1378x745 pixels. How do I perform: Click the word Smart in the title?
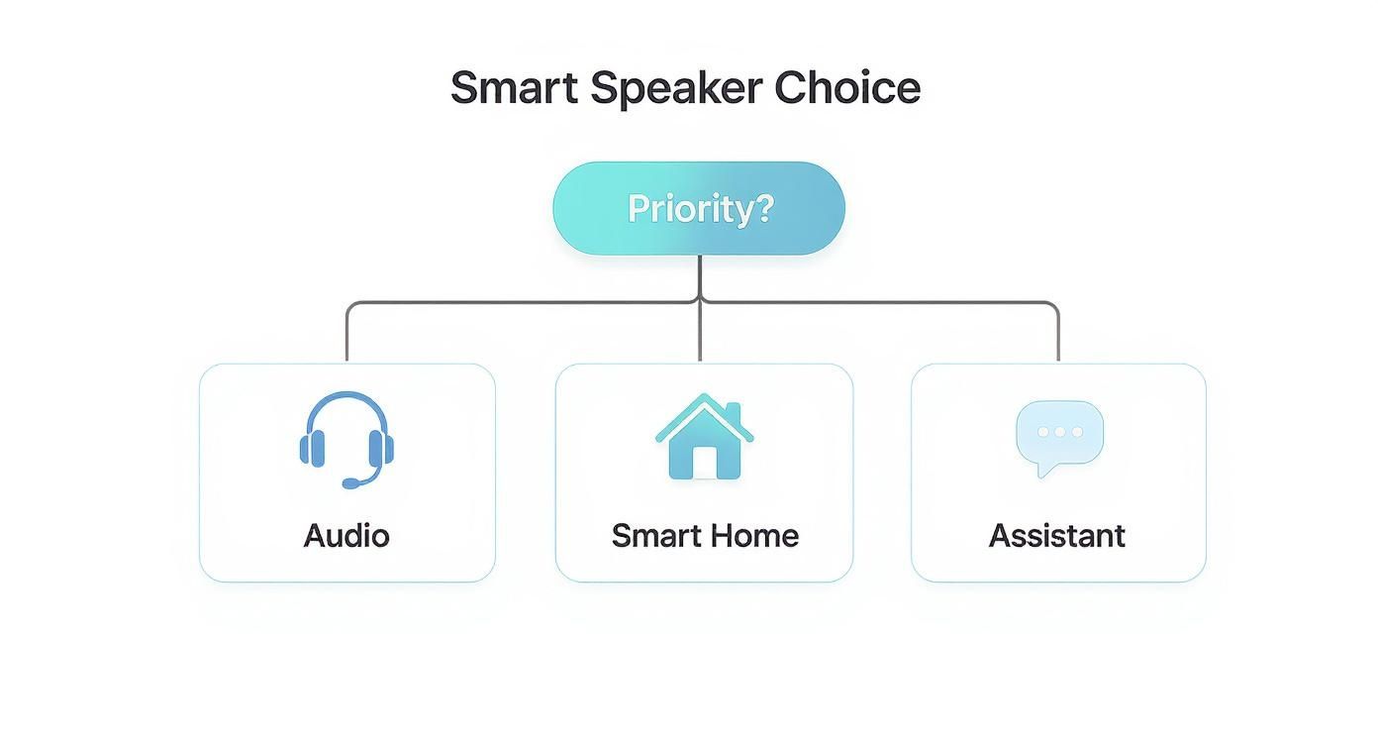pos(514,88)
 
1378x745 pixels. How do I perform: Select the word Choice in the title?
pos(847,88)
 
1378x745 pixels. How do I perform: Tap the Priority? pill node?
pos(699,209)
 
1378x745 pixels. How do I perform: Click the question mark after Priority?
pos(762,209)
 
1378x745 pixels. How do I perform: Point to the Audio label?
pos(346,536)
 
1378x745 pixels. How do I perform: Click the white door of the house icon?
pos(704,462)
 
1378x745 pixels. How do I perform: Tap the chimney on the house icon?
pos(733,411)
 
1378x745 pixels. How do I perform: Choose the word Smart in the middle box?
pos(649,536)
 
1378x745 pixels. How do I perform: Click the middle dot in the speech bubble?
pos(1060,432)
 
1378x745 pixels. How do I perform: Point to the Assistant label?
pos(1057,536)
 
